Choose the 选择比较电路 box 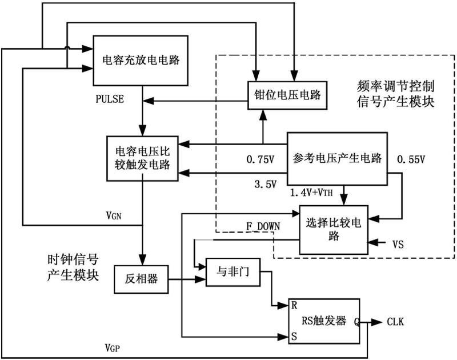(334, 229)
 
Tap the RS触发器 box (324, 321)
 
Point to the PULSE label (110, 99)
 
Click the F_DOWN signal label (263, 226)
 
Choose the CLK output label (395, 322)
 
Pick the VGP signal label (113, 347)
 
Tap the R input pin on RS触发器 (293, 305)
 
